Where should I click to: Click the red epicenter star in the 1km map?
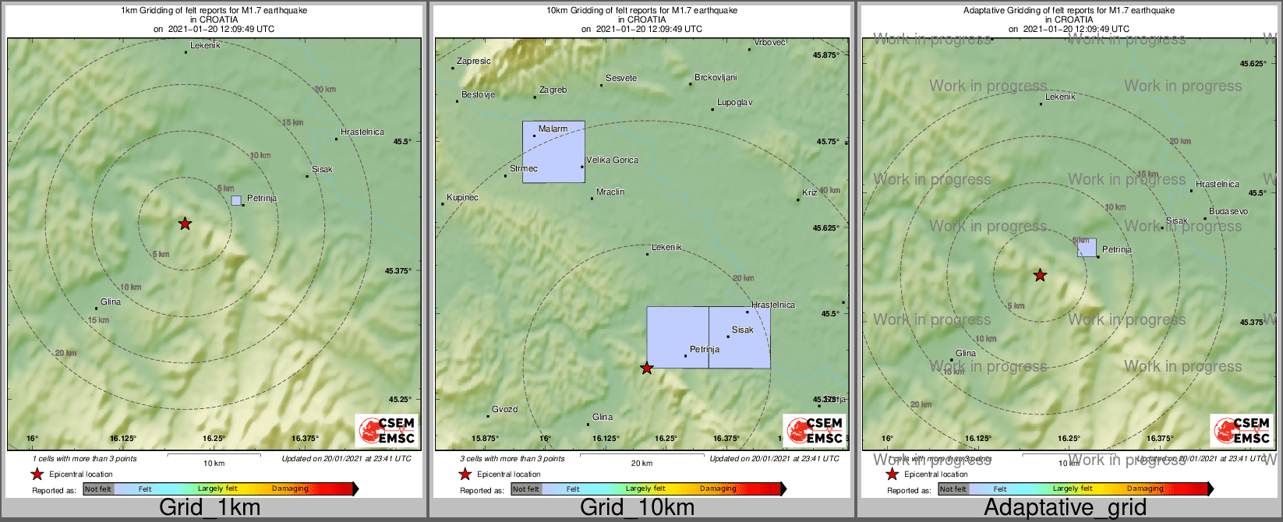click(185, 224)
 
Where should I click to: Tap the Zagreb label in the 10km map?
click(553, 90)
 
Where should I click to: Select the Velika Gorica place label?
click(612, 160)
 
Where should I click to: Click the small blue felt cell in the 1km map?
click(236, 200)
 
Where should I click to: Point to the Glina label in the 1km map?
click(111, 302)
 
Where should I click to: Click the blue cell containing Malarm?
click(553, 153)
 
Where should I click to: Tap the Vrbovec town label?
click(769, 43)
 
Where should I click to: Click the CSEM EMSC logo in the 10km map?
click(815, 430)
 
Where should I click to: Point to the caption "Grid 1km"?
click(210, 508)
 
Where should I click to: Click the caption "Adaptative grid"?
click(1065, 508)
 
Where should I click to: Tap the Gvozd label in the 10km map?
click(504, 410)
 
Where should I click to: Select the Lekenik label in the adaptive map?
click(1060, 97)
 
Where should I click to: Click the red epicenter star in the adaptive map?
click(1040, 275)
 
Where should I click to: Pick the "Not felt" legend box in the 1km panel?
click(98, 489)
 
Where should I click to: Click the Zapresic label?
click(474, 62)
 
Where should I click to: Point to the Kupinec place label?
click(462, 198)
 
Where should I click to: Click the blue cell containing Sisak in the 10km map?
click(739, 337)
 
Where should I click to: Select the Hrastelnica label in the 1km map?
click(362, 132)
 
